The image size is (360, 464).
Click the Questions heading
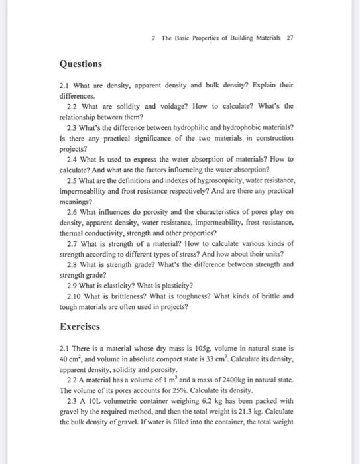point(81,64)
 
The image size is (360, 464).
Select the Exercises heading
point(80,327)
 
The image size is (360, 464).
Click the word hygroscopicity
point(211,180)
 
